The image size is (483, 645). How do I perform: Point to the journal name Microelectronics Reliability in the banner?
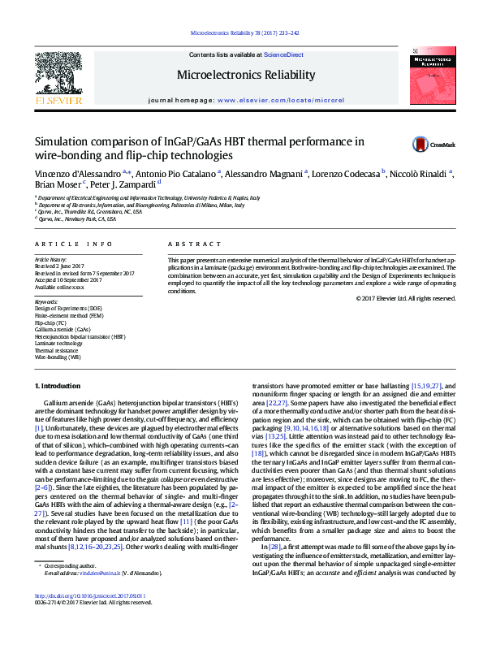[246, 75]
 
